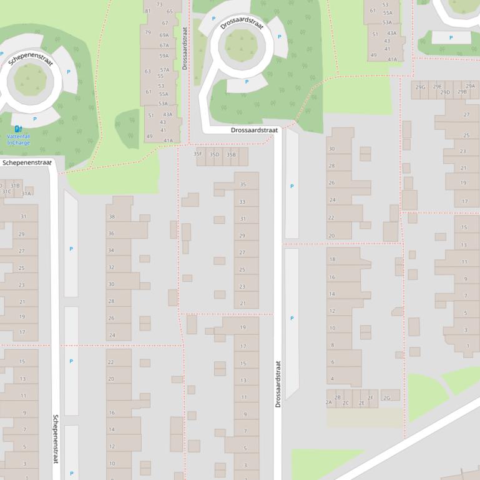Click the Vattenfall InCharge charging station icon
(18, 129)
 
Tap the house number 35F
(198, 154)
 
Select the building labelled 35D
(215, 154)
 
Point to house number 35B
(232, 154)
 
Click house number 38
(112, 217)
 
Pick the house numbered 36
(112, 234)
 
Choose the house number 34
(112, 251)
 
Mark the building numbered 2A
(329, 403)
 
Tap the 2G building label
(387, 398)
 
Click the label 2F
(370, 398)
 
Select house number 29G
(421, 87)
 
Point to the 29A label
(470, 87)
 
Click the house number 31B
(15, 186)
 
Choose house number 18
(332, 259)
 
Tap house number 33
(243, 202)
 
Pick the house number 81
(148, 11)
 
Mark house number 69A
(164, 36)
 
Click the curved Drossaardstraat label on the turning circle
(242, 24)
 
